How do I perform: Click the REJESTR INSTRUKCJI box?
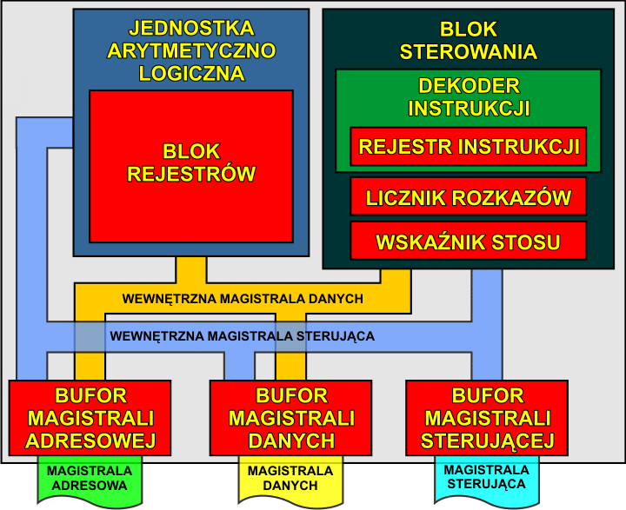[469, 147]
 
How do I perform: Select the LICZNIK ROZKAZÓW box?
[469, 197]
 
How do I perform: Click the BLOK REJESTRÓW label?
[191, 162]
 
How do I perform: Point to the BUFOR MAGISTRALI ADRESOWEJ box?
[83, 418]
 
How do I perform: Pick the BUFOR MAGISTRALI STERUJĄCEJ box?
[487, 418]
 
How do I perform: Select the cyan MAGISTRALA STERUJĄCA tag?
[484, 477]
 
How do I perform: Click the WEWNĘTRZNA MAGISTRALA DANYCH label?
[243, 298]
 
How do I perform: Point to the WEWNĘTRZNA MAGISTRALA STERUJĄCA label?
[243, 335]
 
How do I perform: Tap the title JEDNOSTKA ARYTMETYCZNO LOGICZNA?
[191, 50]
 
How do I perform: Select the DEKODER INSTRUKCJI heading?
[469, 97]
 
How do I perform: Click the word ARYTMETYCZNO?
[191, 50]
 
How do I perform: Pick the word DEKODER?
[469, 86]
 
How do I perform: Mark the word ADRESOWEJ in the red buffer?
[83, 440]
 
